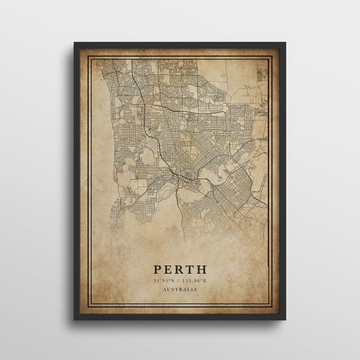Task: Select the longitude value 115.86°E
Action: pyautogui.click(x=196, y=280)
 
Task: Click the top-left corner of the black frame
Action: pyautogui.click(x=74, y=43)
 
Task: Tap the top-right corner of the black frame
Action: pyautogui.click(x=285, y=43)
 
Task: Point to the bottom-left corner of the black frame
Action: pyautogui.click(x=74, y=319)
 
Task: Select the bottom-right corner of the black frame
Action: pyautogui.click(x=285, y=319)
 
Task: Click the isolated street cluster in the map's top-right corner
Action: pyautogui.click(x=262, y=75)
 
